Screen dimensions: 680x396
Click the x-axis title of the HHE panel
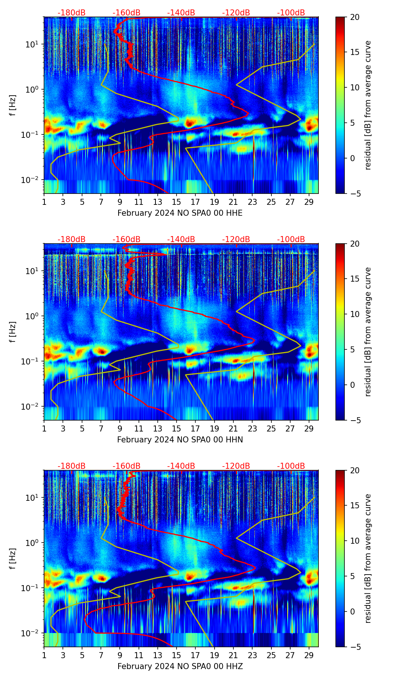[x=180, y=213]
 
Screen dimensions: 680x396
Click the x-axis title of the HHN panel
[x=180, y=440]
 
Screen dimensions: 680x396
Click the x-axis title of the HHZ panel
[x=180, y=666]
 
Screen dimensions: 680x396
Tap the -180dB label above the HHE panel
[x=72, y=13]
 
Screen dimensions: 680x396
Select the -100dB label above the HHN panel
[x=291, y=239]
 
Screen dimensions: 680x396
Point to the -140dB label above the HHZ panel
[x=181, y=466]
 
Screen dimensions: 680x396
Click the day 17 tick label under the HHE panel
[x=195, y=202]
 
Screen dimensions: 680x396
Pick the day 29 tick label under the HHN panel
[x=309, y=428]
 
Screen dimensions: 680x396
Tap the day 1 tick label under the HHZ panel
[x=44, y=655]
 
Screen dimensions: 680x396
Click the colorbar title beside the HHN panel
[x=368, y=332]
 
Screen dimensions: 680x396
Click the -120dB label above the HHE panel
[x=236, y=13]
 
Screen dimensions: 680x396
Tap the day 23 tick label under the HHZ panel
[x=252, y=655]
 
